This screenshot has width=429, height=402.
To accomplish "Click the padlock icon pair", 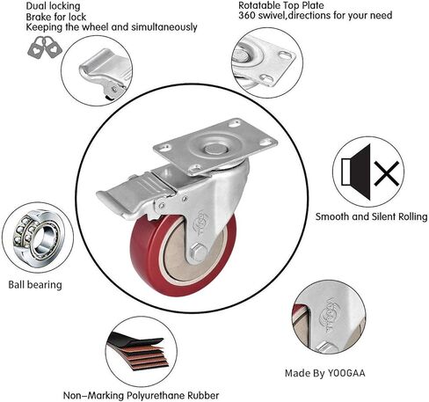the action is tap(45, 48).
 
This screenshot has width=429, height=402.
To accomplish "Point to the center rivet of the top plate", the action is tap(216, 149).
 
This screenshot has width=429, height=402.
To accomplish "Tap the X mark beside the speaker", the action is tap(387, 173).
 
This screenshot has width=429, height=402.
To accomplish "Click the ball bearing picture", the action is tap(38, 238).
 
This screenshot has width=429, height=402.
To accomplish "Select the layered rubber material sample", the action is tap(138, 351).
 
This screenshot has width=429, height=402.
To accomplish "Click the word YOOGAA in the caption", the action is tap(346, 373).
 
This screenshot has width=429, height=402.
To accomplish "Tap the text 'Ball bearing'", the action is tap(35, 285).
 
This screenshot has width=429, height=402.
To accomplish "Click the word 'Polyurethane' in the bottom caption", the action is tap(156, 395).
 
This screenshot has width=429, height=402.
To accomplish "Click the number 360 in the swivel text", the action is tap(247, 15).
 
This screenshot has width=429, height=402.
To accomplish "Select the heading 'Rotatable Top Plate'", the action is tap(281, 5).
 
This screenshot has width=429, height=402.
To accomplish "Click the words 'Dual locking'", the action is tap(53, 6).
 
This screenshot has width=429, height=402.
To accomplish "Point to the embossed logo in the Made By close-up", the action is tap(327, 314).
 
